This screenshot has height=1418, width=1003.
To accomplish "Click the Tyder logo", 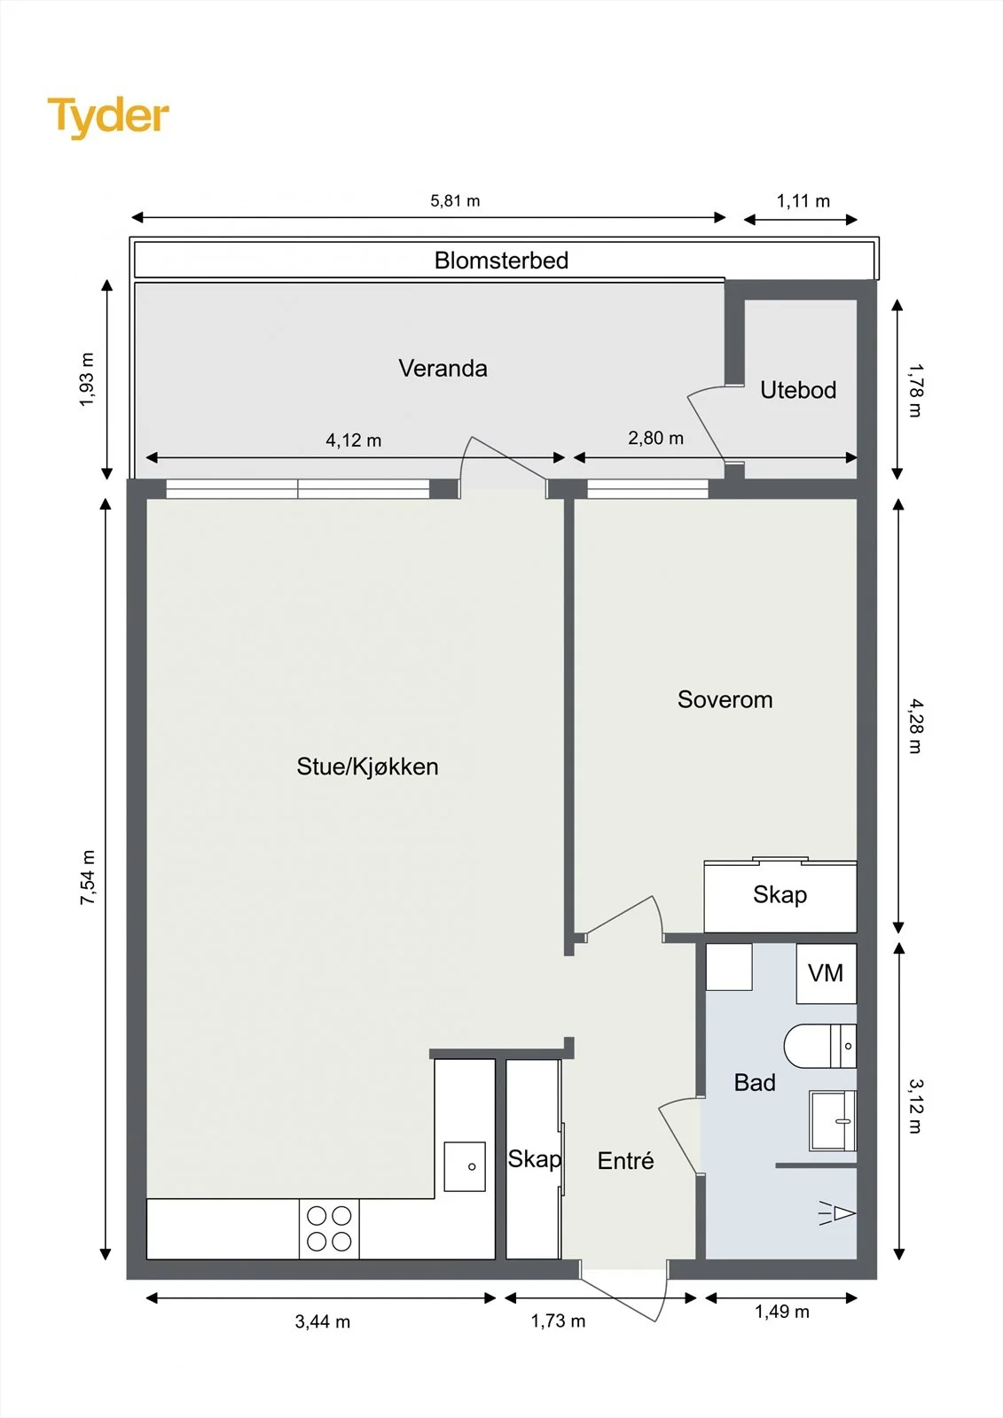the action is (x=108, y=118).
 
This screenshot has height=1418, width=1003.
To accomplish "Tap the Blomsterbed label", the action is (x=501, y=261).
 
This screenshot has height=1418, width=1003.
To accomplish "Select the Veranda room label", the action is (x=443, y=369).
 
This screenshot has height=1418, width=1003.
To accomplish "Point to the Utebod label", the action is (x=798, y=390).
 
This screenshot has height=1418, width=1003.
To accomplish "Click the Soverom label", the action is (x=725, y=699).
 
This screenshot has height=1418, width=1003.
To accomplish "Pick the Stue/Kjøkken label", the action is (x=367, y=767).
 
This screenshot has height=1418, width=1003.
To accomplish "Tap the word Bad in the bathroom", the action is (x=755, y=1082).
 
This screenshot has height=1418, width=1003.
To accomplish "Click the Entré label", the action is (x=625, y=1160).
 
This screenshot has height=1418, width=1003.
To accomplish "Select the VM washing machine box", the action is (x=827, y=973).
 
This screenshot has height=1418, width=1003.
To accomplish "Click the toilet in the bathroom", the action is (x=820, y=1046).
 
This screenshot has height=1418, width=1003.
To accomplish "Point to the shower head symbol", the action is (x=837, y=1213).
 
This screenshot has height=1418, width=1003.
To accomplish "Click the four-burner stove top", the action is (x=329, y=1228).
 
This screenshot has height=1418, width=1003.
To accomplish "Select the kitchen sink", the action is (x=465, y=1166).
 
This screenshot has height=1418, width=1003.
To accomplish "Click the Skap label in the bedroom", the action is (x=780, y=895).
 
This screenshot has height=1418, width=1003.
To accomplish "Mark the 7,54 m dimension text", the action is (x=88, y=877).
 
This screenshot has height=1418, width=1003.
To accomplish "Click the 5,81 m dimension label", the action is (x=455, y=200).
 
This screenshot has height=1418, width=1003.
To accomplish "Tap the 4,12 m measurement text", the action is (x=354, y=440).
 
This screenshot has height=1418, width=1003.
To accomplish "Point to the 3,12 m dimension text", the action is (x=915, y=1106).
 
